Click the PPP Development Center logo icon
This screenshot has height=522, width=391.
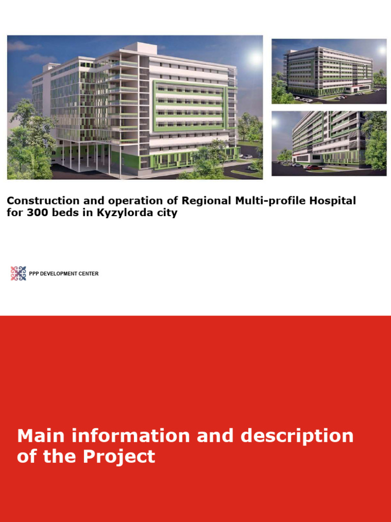point(18,274)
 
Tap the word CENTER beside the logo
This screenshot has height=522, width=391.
point(89,274)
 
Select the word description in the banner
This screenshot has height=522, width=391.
point(297,436)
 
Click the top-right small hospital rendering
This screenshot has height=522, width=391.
point(329,71)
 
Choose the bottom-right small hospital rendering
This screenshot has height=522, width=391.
point(329,143)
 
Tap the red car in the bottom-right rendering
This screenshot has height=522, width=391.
point(314,167)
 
